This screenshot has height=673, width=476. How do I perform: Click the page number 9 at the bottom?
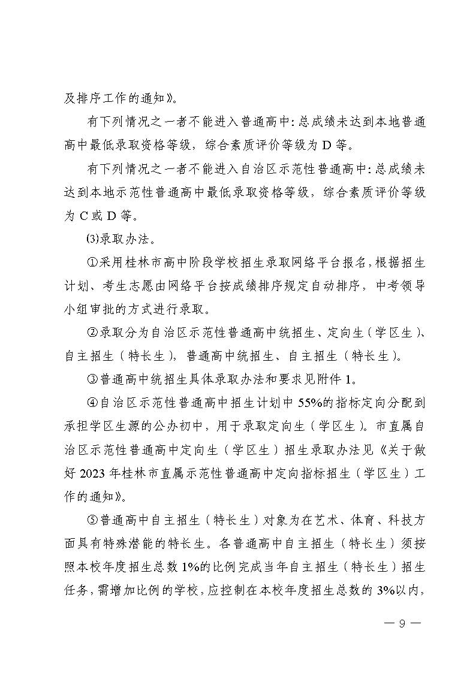click(403, 623)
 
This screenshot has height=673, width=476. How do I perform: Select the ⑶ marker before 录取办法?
click(92, 240)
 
